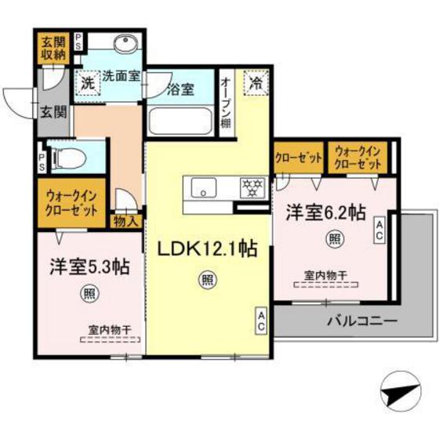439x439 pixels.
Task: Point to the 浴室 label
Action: [182, 90]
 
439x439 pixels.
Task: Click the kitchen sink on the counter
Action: [204, 187]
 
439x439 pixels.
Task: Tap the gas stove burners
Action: [252, 187]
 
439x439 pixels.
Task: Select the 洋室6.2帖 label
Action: [325, 211]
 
